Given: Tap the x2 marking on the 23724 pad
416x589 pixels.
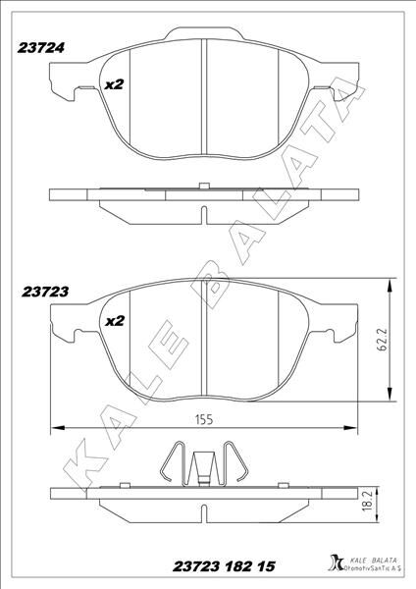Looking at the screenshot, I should [x=113, y=84].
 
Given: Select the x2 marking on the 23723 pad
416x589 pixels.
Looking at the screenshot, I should [x=113, y=321].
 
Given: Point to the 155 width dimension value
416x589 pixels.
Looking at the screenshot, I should [x=204, y=419].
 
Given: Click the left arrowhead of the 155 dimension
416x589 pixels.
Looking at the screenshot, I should [x=56, y=427].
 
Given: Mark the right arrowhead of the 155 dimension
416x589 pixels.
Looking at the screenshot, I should [x=352, y=427].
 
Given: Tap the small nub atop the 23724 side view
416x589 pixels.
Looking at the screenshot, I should [x=203, y=184].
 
